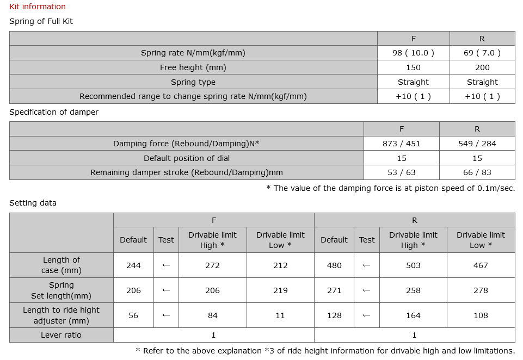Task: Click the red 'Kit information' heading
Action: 38,7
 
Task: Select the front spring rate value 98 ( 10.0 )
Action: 413,53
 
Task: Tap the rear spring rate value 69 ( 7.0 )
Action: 482,53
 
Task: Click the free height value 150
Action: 413,67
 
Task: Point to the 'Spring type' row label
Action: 193,82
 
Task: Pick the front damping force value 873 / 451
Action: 402,144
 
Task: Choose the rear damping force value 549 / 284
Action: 477,144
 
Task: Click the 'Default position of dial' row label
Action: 187,158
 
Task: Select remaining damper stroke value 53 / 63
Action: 402,172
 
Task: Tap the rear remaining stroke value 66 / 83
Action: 477,172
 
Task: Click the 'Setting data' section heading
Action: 33,203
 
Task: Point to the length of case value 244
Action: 133,265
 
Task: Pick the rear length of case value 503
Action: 413,265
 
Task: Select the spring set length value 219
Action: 280,290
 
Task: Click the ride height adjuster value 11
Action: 280,315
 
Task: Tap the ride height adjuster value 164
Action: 413,315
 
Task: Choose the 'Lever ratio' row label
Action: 61,335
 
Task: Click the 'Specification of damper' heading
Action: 54,112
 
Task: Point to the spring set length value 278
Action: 481,290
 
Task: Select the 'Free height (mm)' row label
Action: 193,67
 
